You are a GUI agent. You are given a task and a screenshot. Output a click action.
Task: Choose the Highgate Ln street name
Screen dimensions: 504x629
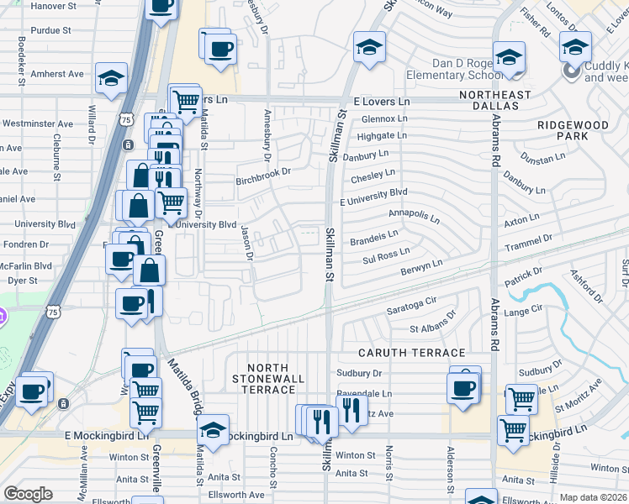click(381, 136)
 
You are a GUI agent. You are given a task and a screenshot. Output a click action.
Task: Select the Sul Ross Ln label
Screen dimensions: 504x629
click(386, 255)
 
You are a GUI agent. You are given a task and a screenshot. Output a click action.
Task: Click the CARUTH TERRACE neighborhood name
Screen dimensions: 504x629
click(412, 353)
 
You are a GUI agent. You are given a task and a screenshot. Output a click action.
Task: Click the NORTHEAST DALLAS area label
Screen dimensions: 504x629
click(495, 102)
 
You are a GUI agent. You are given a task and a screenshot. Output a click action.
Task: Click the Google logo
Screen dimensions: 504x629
click(28, 494)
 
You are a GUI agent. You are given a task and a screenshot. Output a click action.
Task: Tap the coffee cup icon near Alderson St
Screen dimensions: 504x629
click(465, 388)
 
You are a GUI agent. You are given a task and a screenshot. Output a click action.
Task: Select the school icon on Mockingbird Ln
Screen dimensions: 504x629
click(214, 429)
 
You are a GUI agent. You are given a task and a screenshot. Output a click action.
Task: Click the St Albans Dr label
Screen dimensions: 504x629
click(432, 323)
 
